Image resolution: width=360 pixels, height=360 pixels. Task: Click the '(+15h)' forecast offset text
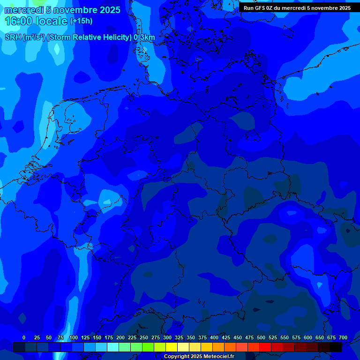[x=81, y=21]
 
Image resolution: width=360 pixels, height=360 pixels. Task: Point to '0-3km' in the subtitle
[x=144, y=37]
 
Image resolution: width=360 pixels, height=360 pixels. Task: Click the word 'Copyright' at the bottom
[x=177, y=357]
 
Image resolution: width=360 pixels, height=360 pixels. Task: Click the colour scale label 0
[x=24, y=337]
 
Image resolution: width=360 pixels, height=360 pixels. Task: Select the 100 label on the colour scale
[x=74, y=337]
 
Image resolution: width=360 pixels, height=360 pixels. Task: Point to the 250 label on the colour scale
[x=144, y=337]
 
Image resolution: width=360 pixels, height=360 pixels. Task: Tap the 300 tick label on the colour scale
[x=167, y=337]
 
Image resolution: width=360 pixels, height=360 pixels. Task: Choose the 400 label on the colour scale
[x=214, y=337]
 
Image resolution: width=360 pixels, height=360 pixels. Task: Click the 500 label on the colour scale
[x=261, y=337]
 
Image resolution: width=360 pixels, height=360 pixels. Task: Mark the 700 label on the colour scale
[x=343, y=337]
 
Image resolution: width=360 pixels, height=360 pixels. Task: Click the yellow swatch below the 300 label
[x=172, y=347]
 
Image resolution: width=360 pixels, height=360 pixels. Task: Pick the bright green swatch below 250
[x=148, y=347]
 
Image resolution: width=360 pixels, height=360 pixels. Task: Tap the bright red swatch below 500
[x=265, y=347]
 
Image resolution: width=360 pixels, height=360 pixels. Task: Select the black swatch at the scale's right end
[x=336, y=347]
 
